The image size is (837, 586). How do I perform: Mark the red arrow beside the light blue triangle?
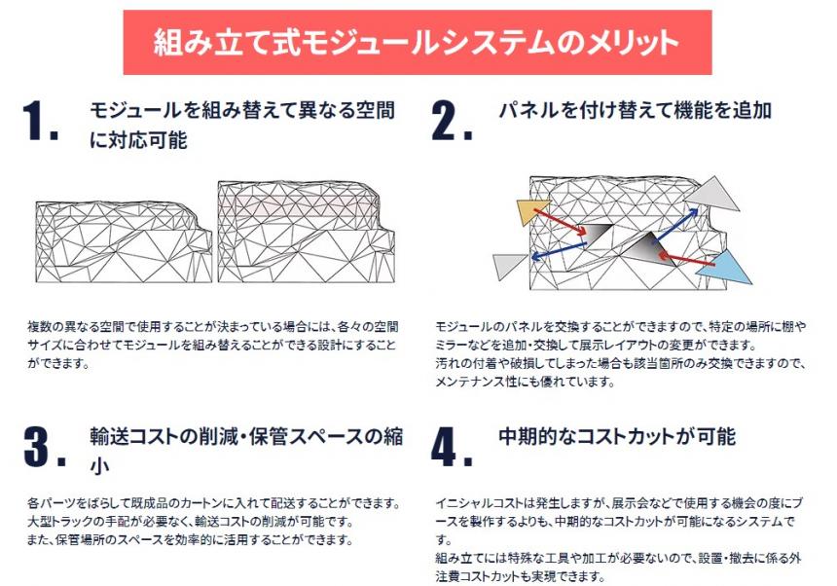point(686,259)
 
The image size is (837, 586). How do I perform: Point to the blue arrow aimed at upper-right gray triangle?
point(676,224)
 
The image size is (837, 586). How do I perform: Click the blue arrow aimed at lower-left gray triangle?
point(559,251)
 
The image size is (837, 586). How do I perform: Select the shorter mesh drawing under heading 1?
point(124,241)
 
